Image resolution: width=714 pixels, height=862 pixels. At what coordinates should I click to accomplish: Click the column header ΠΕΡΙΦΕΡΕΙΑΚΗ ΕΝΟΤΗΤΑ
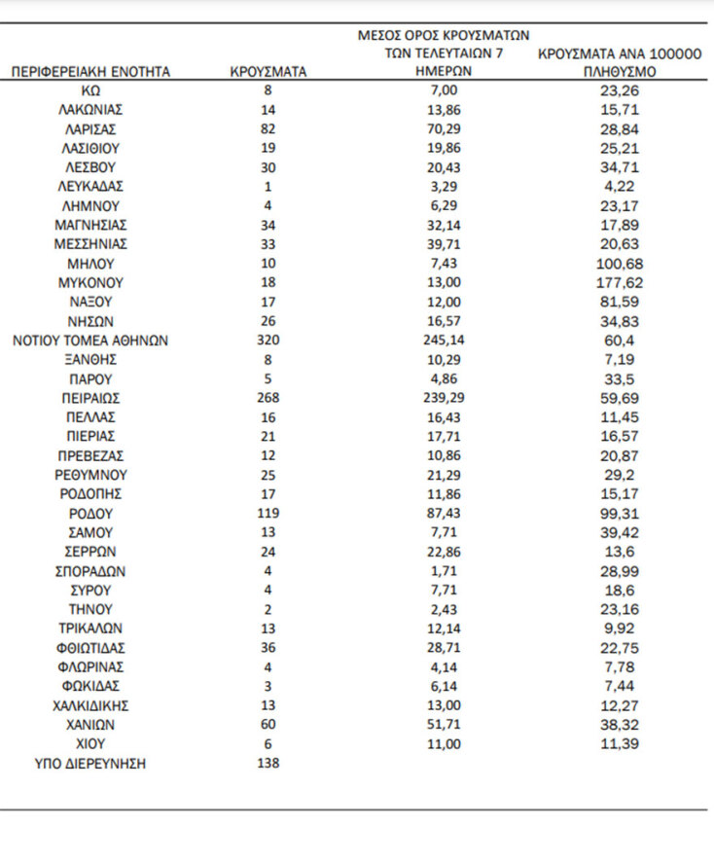91,72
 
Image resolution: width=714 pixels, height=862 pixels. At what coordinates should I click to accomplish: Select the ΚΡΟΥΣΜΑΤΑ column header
268,72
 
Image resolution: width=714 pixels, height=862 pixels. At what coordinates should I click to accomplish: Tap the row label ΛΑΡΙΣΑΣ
91,128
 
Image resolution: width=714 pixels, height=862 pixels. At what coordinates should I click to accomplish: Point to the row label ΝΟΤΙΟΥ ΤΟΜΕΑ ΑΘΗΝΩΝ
91,341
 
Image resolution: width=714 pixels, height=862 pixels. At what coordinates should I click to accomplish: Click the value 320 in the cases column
268,341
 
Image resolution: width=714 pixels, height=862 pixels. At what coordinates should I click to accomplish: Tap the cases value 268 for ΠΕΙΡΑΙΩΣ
268,398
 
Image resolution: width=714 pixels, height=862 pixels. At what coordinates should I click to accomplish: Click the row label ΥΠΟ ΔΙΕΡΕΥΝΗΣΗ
91,764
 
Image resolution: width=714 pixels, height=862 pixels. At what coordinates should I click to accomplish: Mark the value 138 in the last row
268,764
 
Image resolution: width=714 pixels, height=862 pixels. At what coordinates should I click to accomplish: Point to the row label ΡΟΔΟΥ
91,514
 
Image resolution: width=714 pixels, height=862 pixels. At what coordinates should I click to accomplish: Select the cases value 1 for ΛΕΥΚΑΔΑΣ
268,187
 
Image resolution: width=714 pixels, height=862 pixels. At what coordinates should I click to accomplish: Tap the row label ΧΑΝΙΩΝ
91,725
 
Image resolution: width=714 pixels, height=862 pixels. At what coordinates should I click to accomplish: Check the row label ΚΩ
91,90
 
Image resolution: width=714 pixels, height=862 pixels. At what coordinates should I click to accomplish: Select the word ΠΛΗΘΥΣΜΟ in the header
620,72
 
